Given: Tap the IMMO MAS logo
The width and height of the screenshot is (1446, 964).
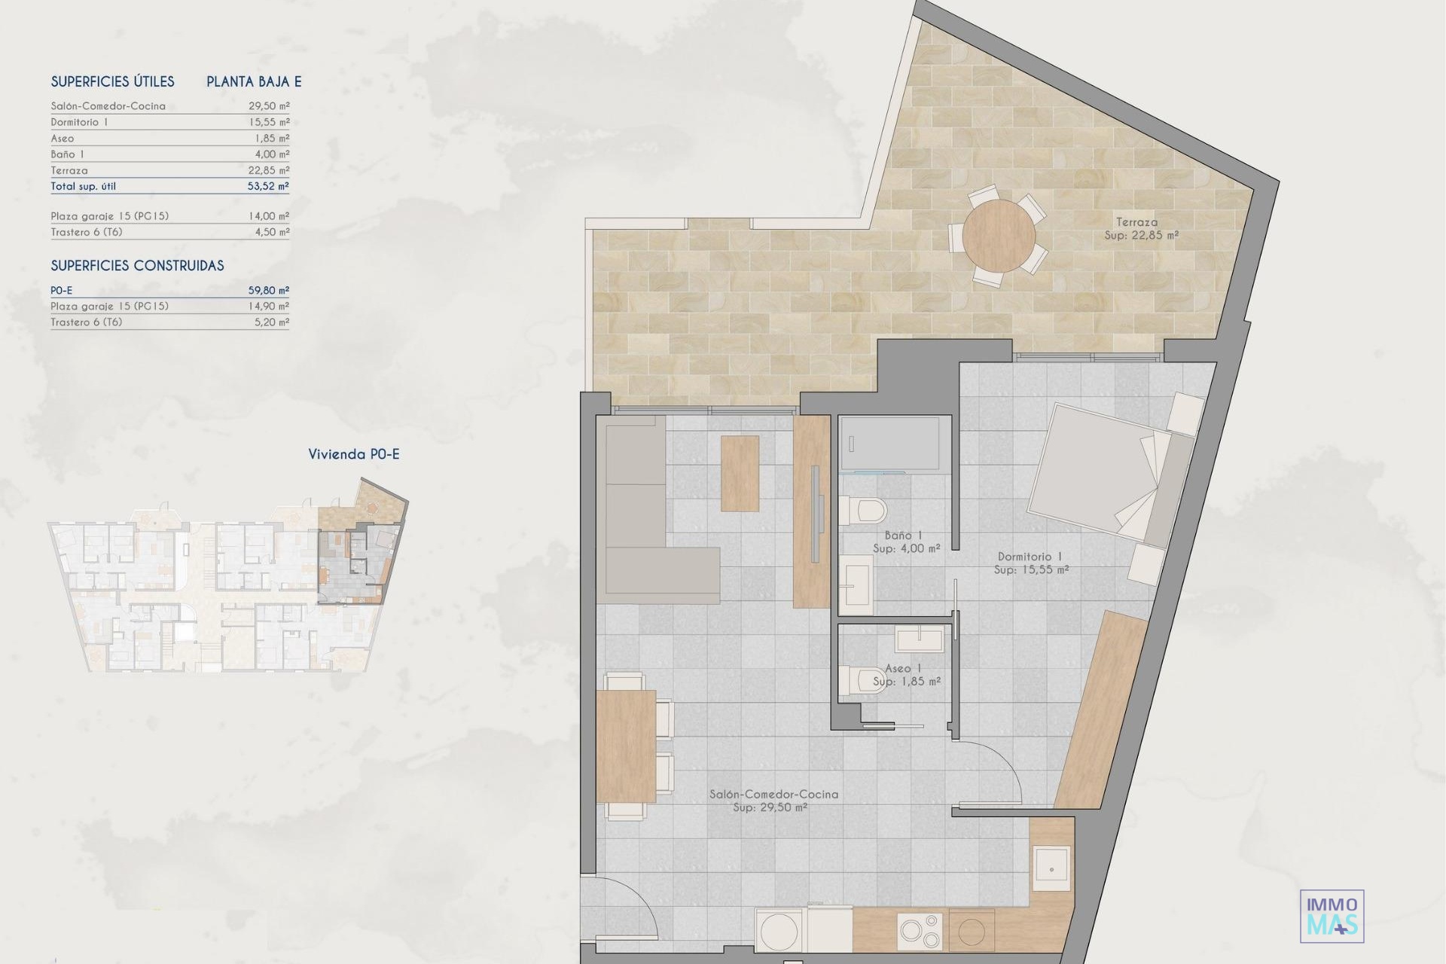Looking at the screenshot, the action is (x=1332, y=916).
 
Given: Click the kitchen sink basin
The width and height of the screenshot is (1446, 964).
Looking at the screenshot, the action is (x=1051, y=869).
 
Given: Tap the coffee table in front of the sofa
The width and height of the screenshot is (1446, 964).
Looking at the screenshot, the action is (x=740, y=474).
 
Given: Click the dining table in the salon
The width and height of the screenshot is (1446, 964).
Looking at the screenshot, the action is (x=626, y=746).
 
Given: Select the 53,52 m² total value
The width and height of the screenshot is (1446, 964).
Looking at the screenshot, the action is (x=269, y=186).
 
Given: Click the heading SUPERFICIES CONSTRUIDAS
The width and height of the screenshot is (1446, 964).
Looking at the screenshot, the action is (x=137, y=266).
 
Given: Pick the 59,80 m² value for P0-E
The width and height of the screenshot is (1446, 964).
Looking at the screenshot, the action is (x=269, y=290).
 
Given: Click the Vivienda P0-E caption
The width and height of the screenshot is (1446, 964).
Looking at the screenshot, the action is (x=354, y=454).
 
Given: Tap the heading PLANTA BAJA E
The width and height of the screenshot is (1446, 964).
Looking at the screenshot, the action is (x=254, y=81).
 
